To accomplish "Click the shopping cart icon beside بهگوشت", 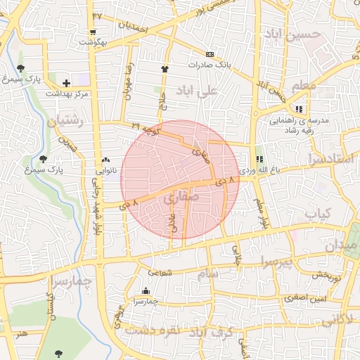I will (x=93, y=32).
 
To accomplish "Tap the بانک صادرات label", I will (x=210, y=64).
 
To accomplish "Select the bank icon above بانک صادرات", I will (x=210, y=53).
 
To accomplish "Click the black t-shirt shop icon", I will (x=165, y=69).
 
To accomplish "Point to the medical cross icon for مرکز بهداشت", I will (x=67, y=83).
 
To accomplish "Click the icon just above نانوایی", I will (x=105, y=160).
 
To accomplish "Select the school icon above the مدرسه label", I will (x=300, y=109).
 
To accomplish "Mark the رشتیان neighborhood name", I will (x=65, y=121).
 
